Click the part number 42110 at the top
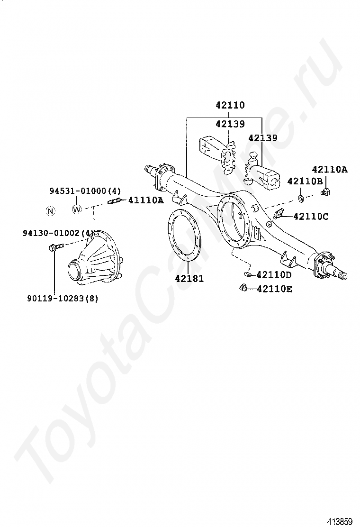(x=230, y=105)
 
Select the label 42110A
(x=329, y=169)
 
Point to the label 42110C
(x=310, y=216)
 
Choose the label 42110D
(x=274, y=275)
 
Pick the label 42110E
(x=274, y=288)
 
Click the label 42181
(x=189, y=279)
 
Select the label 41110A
(x=146, y=200)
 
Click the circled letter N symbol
(x=50, y=211)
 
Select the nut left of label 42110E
(x=243, y=288)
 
